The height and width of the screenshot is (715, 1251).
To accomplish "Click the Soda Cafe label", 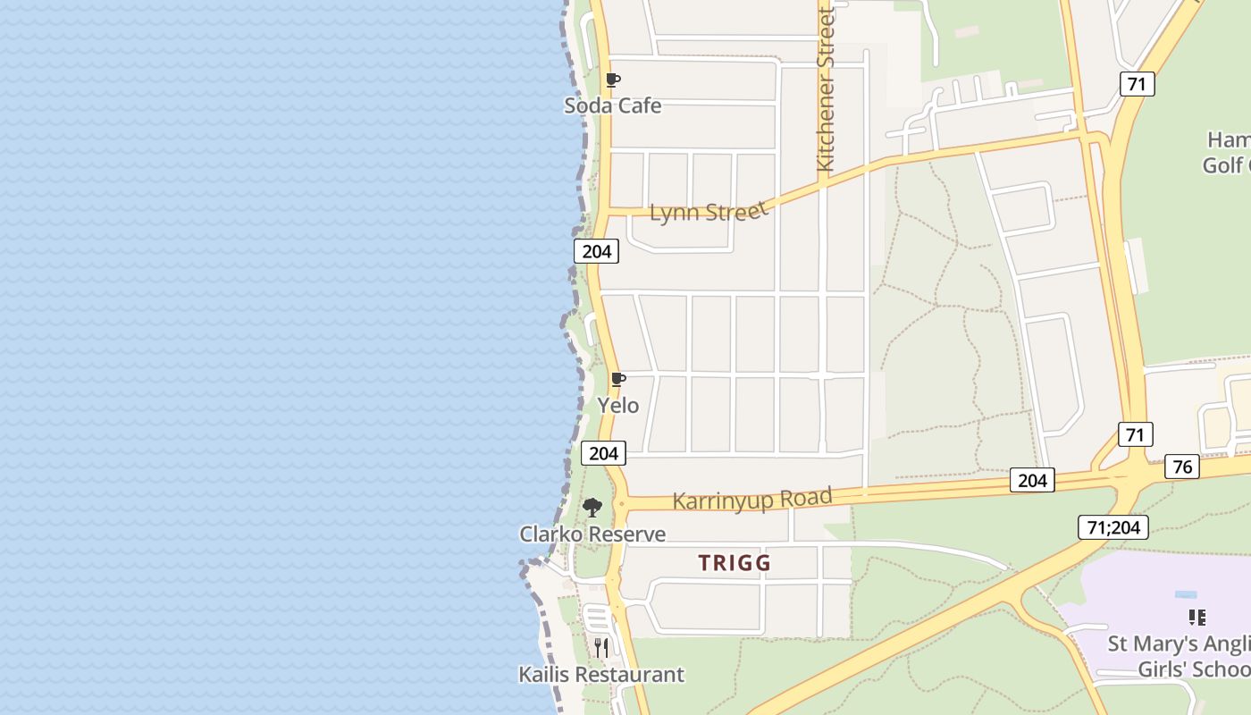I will tap(613, 105).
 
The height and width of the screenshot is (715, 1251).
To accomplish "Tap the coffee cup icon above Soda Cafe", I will tap(613, 80).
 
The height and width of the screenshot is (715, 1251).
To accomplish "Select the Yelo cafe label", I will tap(618, 405).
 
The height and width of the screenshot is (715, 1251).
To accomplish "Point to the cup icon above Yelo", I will tap(617, 379).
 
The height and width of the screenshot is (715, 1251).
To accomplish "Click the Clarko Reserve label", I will tap(592, 534).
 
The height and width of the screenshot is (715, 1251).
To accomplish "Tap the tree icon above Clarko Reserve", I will tap(592, 508).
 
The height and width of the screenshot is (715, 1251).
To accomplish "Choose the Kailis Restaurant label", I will tap(601, 674).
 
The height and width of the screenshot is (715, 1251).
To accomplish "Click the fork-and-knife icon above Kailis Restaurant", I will tap(601, 647).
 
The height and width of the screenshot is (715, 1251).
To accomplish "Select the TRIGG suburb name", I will tap(735, 563).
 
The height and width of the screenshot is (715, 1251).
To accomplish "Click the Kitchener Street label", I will tap(825, 89).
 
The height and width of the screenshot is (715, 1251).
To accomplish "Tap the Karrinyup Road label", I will tap(752, 499).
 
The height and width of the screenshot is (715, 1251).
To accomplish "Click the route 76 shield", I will tap(1181, 467).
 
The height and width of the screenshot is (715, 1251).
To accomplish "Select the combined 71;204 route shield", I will tap(1112, 527).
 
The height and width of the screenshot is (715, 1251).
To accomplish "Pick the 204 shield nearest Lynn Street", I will tap(596, 251).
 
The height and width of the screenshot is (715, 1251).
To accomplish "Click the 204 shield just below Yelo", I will tap(603, 453).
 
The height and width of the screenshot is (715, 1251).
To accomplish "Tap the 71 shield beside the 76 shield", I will tap(1135, 435).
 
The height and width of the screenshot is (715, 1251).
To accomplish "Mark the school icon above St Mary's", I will tap(1197, 617).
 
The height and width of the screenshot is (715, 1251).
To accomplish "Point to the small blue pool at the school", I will tap(1187, 594).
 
